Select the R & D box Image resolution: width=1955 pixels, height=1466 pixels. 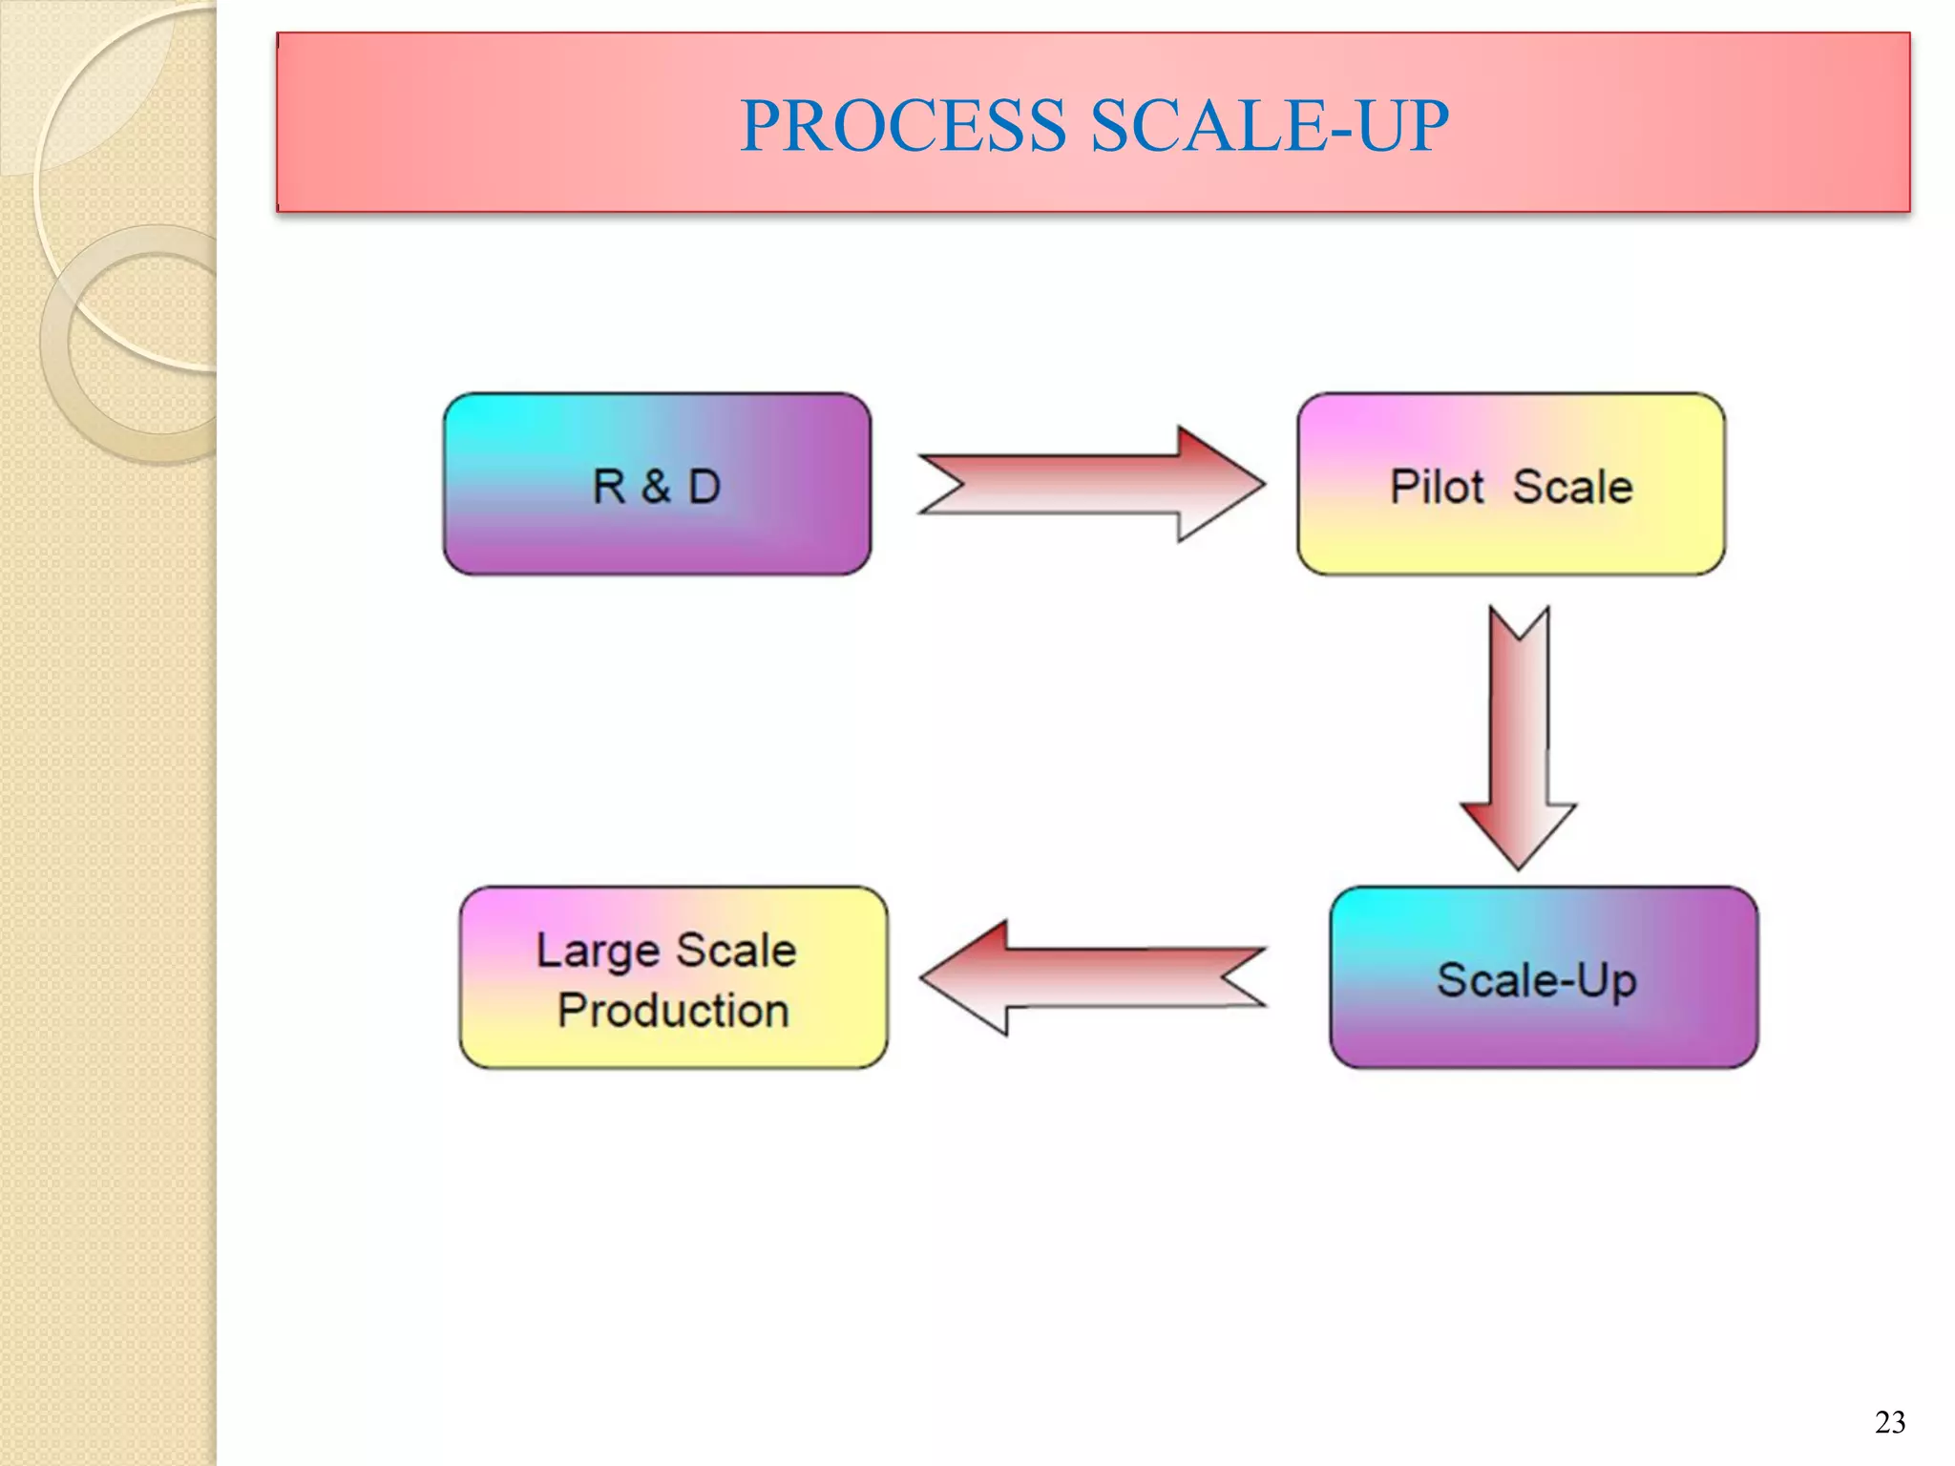[657, 484]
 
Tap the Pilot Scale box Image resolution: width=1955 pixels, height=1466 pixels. [1510, 484]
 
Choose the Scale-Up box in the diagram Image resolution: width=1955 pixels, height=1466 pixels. [1543, 977]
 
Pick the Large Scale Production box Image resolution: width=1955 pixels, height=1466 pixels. [673, 977]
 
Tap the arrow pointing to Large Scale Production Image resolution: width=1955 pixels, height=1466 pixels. [1092, 977]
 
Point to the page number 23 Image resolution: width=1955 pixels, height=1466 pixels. [1889, 1423]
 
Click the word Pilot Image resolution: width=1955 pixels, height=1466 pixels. [1436, 487]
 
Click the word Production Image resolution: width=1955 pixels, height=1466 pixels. [673, 1010]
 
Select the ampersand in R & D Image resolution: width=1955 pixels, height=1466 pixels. [656, 486]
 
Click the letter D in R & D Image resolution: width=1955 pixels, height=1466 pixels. [704, 486]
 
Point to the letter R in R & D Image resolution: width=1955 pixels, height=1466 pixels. [609, 486]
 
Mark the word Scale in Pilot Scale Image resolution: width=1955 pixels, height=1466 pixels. [1572, 487]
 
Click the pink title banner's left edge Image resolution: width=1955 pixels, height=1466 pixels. [280, 122]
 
